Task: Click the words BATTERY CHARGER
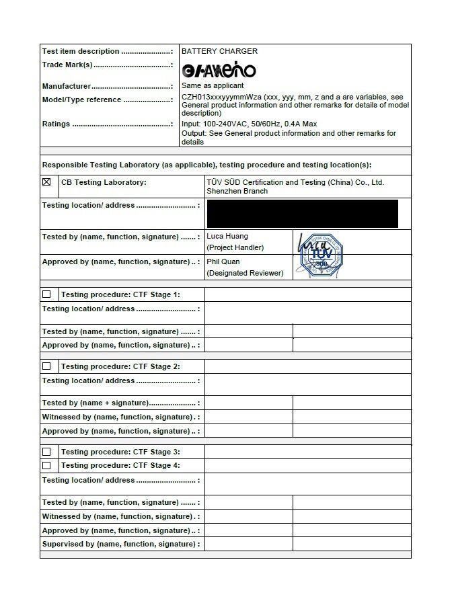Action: pyautogui.click(x=219, y=51)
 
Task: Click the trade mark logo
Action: pyautogui.click(x=219, y=70)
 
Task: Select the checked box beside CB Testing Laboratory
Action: pyautogui.click(x=46, y=182)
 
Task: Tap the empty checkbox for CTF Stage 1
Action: pyautogui.click(x=46, y=294)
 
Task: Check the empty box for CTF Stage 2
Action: pyautogui.click(x=46, y=366)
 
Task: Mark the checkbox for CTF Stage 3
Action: pyautogui.click(x=46, y=452)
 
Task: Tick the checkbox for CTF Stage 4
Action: pyautogui.click(x=46, y=465)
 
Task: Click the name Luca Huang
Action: pyautogui.click(x=227, y=237)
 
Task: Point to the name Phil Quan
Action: pyautogui.click(x=223, y=261)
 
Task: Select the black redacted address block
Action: pyautogui.click(x=302, y=214)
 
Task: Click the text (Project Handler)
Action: pyautogui.click(x=235, y=248)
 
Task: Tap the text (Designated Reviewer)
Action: pyautogui.click(x=245, y=273)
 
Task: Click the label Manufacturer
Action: pyautogui.click(x=67, y=86)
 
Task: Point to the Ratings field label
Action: pyautogui.click(x=57, y=124)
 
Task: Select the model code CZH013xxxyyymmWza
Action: pyautogui.click(x=221, y=97)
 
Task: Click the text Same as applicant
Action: pyautogui.click(x=213, y=86)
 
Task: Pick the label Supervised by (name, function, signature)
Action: pyautogui.click(x=119, y=544)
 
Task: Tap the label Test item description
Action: pyautogui.click(x=81, y=51)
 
